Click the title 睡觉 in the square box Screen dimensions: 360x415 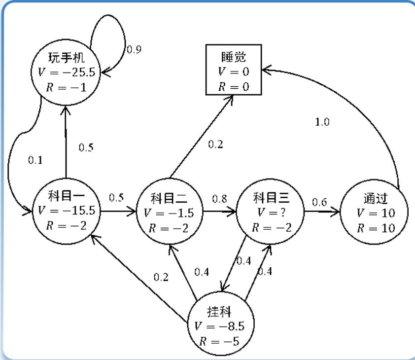pos(234,58)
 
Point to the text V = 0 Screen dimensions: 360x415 pos(234,72)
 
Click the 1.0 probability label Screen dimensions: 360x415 pos(322,122)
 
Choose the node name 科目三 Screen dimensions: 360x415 pos(270,199)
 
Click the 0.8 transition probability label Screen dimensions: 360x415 pos(219,199)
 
